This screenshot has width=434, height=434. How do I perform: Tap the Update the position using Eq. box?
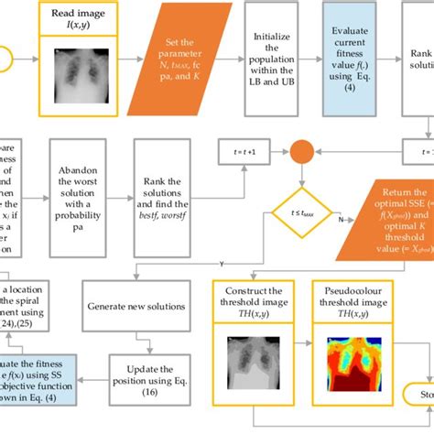pyautogui.click(x=146, y=379)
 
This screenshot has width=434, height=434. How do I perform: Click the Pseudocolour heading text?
pyautogui.click(x=347, y=291)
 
